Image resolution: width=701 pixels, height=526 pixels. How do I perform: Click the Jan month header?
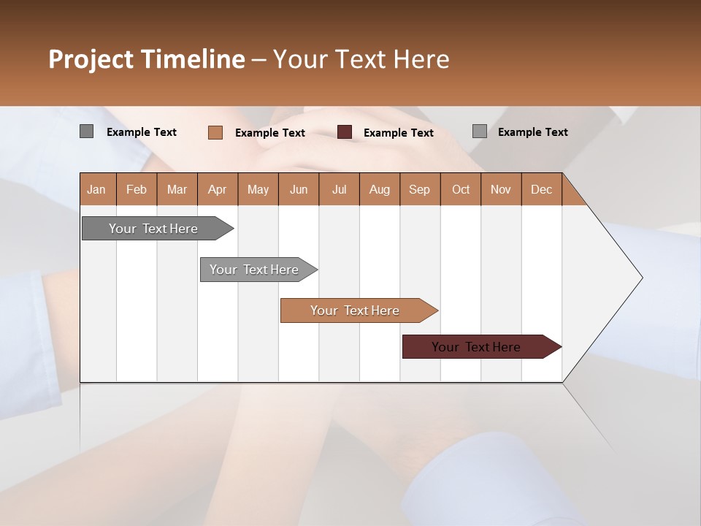(x=96, y=190)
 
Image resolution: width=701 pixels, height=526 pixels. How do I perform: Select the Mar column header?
(x=177, y=190)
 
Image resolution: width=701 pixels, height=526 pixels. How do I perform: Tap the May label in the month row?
(x=258, y=190)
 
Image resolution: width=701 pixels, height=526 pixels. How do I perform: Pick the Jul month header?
(x=339, y=190)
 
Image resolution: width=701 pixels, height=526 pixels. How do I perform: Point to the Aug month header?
(x=379, y=190)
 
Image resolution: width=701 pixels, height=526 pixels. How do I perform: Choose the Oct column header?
(x=461, y=190)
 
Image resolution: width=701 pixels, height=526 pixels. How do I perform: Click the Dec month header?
(x=541, y=190)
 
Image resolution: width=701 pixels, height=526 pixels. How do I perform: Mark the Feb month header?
(x=137, y=190)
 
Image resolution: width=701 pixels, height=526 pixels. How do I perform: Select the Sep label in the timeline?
(x=419, y=190)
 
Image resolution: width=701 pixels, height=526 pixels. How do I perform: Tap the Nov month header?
(x=501, y=190)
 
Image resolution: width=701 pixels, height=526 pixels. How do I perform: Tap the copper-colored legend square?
(x=215, y=132)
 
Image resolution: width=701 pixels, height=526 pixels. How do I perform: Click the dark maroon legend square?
(x=345, y=132)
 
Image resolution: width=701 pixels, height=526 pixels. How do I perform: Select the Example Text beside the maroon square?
(x=398, y=133)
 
